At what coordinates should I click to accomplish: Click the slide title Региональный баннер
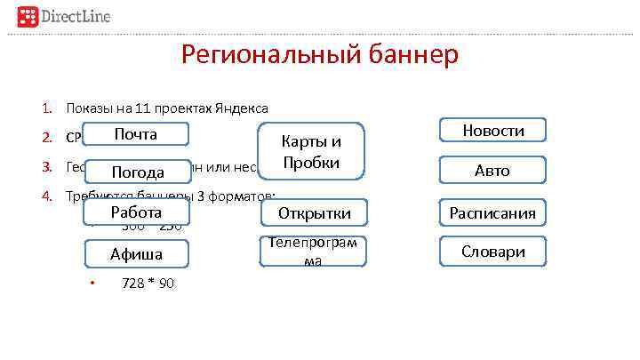[x=320, y=56]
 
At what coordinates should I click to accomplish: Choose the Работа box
[x=136, y=212]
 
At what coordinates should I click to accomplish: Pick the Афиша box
[x=136, y=254]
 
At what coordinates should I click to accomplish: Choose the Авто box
[x=492, y=171]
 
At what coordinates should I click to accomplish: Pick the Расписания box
[x=492, y=213]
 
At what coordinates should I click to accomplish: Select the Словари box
[x=492, y=252]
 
